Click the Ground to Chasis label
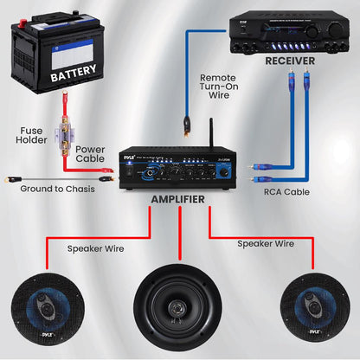tap(58, 187)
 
